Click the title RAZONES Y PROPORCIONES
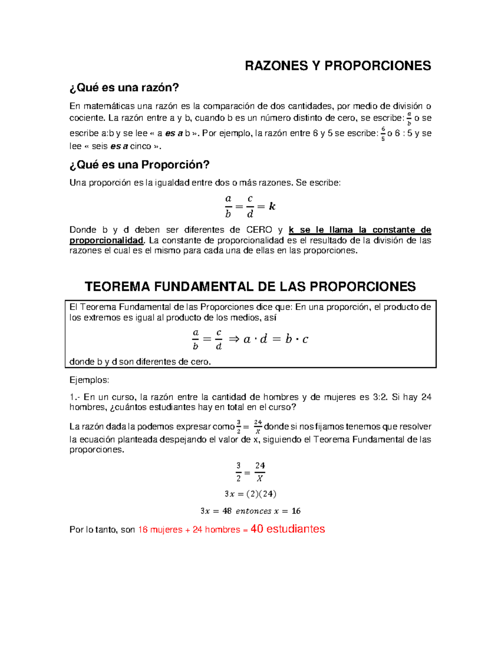(337, 66)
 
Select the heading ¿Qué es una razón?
(124, 88)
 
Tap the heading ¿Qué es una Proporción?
(139, 165)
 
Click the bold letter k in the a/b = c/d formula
(272, 206)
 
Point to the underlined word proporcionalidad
(106, 240)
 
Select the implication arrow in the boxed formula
(234, 339)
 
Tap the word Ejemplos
(89, 380)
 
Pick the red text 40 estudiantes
(287, 529)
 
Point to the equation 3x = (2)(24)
(250, 494)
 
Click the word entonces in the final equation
(253, 511)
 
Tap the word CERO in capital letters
(259, 230)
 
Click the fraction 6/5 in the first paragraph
(383, 134)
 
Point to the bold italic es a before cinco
(119, 146)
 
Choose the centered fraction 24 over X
(260, 472)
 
